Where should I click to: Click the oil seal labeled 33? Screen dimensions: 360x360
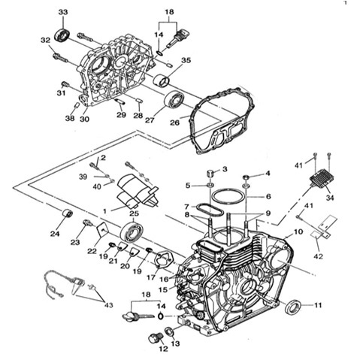[x=62, y=35]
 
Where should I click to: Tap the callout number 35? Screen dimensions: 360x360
[x=186, y=60]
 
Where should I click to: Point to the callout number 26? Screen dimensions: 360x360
[x=174, y=123]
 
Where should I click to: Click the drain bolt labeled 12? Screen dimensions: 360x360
[x=154, y=339]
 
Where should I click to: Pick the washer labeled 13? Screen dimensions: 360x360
[x=170, y=331]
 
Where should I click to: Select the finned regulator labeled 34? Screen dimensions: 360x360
[x=322, y=179]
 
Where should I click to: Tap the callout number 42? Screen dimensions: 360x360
[x=318, y=256]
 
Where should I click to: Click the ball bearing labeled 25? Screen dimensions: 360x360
[x=132, y=231]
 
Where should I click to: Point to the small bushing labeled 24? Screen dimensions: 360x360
[x=68, y=213]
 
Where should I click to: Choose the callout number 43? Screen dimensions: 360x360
[x=108, y=305]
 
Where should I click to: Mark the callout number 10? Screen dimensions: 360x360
[x=298, y=231]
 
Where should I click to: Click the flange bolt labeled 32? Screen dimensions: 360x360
[x=60, y=58]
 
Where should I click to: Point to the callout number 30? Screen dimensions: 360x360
[x=84, y=119]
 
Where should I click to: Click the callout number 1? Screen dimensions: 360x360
[x=104, y=211]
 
